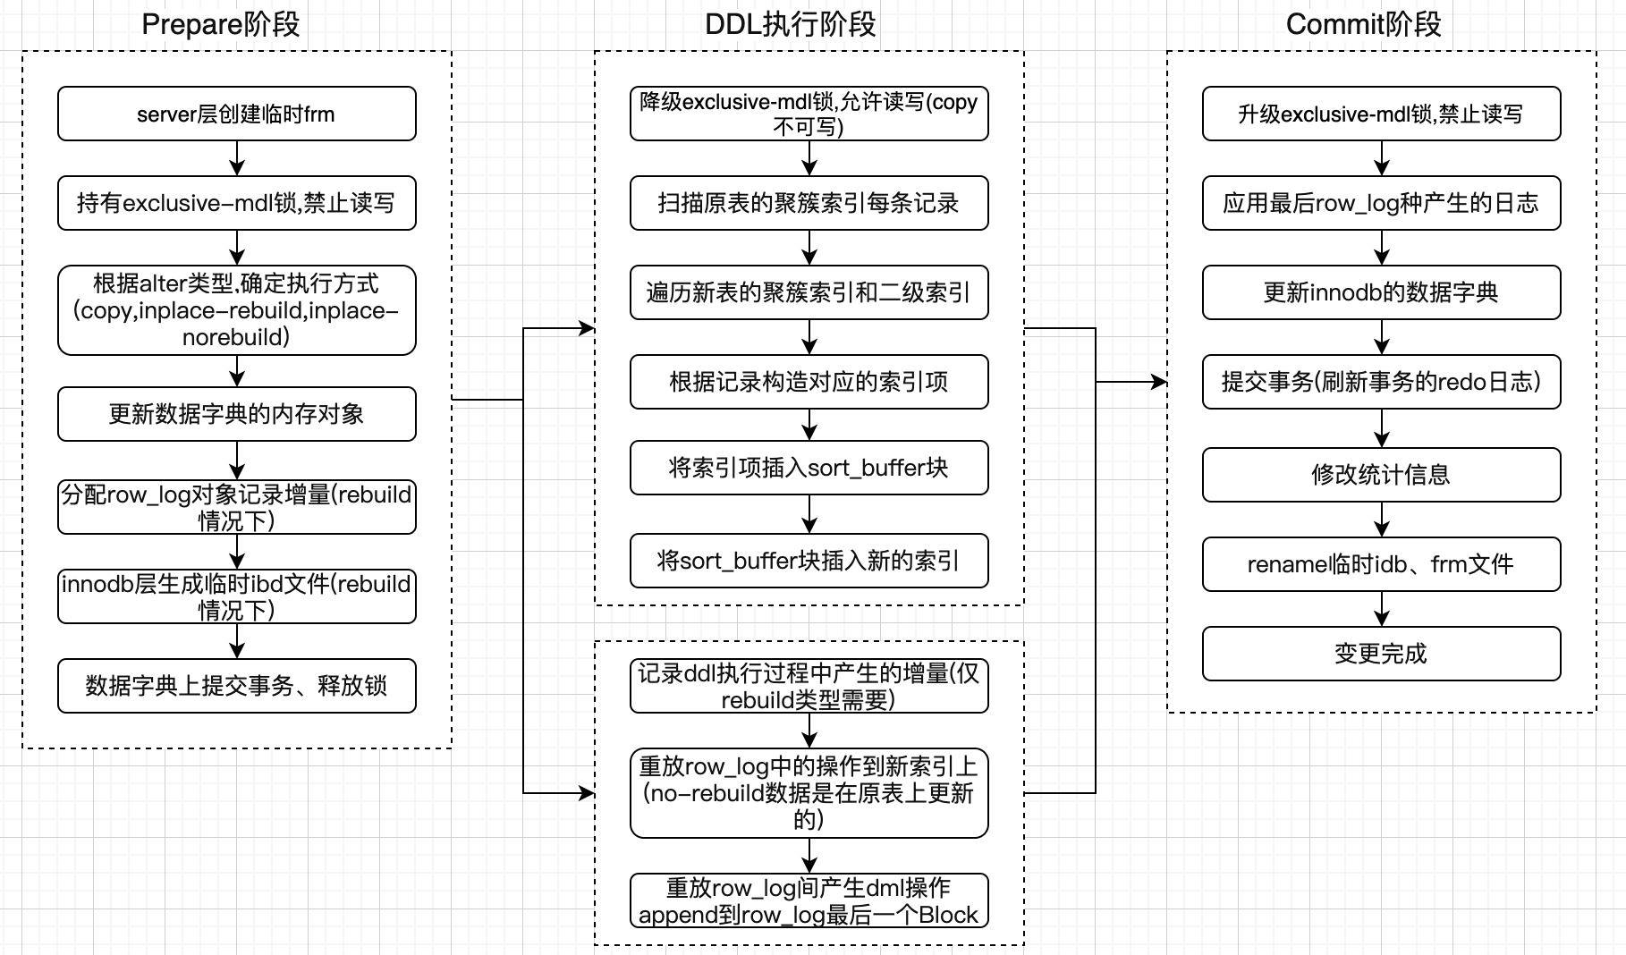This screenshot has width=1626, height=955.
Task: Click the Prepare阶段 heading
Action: (221, 24)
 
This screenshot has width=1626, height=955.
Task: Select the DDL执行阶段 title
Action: (791, 24)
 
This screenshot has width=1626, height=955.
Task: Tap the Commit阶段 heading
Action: (1363, 24)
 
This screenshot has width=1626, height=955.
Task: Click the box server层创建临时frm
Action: (236, 114)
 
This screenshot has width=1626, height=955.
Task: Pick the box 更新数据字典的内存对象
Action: (236, 414)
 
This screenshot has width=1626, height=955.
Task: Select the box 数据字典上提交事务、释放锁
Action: (236, 686)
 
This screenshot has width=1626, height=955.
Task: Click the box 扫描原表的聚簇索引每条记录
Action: (809, 203)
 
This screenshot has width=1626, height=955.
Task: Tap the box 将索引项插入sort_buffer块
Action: (809, 468)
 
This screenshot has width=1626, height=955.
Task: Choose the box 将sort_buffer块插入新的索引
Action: (809, 561)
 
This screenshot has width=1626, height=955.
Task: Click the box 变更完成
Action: (1381, 654)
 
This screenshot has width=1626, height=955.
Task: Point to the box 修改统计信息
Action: (1381, 475)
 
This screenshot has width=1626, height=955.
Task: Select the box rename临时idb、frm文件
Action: (1381, 564)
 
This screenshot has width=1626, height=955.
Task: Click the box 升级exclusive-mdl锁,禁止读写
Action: (1381, 114)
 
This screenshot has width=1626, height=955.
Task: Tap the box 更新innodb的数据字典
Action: (1381, 292)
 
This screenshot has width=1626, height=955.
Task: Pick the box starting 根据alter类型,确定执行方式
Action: (236, 310)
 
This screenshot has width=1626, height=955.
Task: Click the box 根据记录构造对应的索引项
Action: (809, 382)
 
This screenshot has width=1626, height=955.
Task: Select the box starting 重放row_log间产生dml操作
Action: (809, 900)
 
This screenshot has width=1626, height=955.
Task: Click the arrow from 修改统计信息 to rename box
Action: (1382, 520)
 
